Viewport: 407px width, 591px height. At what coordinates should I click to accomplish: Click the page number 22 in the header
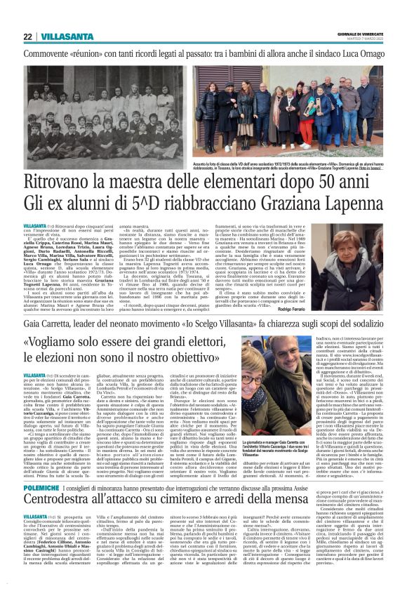[x=27, y=36]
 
